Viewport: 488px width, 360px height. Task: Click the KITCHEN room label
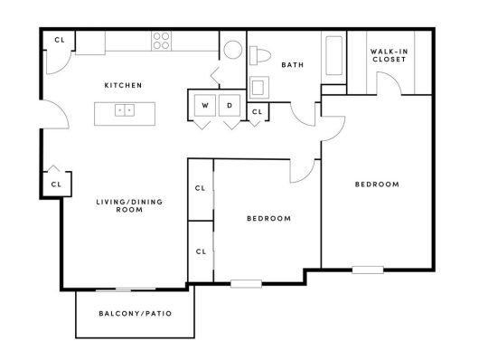(123, 85)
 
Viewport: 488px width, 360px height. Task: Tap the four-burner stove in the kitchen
(162, 41)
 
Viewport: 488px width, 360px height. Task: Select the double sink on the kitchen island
(124, 110)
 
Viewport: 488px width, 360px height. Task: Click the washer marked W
(204, 106)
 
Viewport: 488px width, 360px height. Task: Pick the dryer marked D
(230, 106)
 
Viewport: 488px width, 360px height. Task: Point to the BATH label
(292, 65)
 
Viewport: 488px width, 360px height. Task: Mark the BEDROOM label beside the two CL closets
(268, 218)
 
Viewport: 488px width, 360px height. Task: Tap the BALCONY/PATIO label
(135, 314)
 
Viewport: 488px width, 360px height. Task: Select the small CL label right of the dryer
(257, 112)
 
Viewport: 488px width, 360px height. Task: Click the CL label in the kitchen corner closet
(59, 40)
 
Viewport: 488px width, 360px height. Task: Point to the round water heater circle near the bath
(232, 50)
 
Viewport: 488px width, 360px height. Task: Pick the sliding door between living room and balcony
(133, 289)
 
